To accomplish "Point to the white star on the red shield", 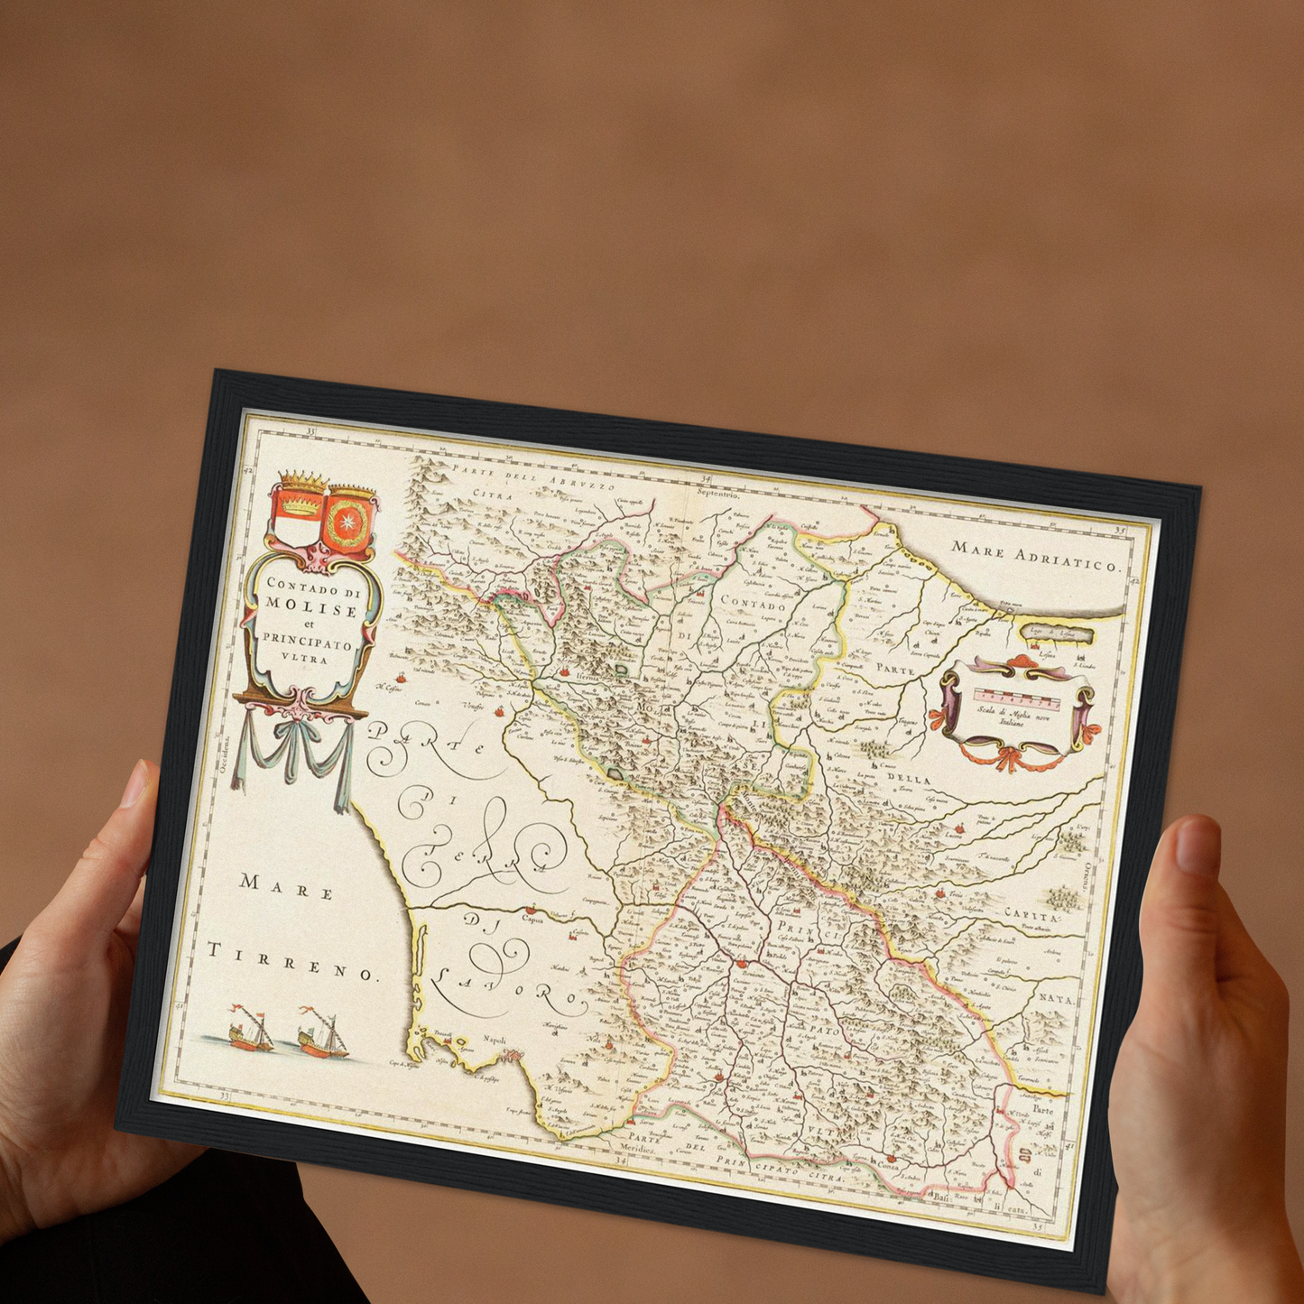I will (x=347, y=522).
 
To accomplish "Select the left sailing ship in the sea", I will (x=250, y=1031).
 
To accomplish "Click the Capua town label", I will (x=534, y=920).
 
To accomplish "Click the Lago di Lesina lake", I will (x=1057, y=634).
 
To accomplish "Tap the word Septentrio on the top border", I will (x=717, y=495).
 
